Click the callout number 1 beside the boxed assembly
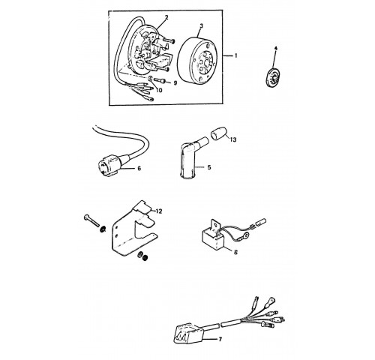[x=235, y=55]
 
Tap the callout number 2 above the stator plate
[x=166, y=17]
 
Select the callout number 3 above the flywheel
[x=201, y=25]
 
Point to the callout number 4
[x=276, y=48]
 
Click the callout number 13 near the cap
[x=232, y=139]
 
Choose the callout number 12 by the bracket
[x=159, y=211]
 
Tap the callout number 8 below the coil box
[x=235, y=252]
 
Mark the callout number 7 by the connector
[x=220, y=339]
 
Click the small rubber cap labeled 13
[x=218, y=133]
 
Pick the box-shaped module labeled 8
[x=213, y=238]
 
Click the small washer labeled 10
[x=151, y=79]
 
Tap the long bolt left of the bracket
[x=91, y=220]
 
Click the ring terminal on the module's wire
[x=245, y=235]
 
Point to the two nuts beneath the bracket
[x=142, y=256]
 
